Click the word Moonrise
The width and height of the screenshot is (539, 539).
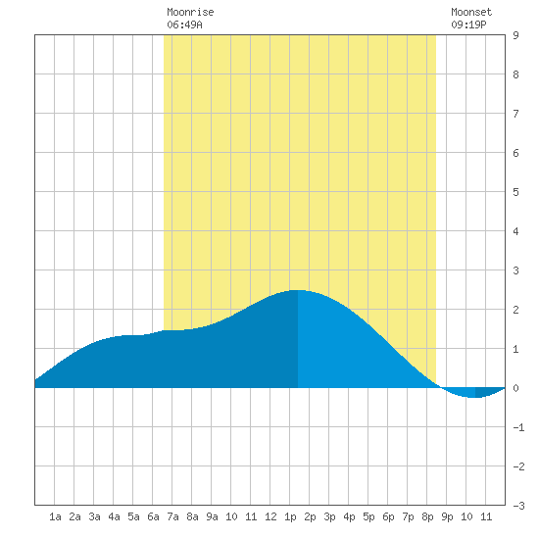[x=190, y=12]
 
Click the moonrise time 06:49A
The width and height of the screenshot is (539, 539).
[x=184, y=24]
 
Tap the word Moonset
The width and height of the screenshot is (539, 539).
[x=471, y=12]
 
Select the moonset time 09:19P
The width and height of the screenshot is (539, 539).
[x=468, y=24]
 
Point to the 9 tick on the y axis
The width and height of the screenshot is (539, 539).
[x=515, y=35]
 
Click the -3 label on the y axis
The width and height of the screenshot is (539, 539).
[x=518, y=506]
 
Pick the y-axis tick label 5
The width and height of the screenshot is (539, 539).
[x=515, y=192]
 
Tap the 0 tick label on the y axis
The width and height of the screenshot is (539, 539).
[x=515, y=388]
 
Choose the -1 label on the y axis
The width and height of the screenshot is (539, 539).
[x=518, y=427]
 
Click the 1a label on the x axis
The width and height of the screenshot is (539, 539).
[x=55, y=516]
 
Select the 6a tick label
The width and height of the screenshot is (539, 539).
[x=153, y=516]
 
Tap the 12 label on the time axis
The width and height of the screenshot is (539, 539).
[x=270, y=516]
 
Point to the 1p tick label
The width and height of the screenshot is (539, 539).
[x=290, y=516]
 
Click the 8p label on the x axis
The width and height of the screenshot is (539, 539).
[x=427, y=516]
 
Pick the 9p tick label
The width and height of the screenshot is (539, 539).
[x=447, y=516]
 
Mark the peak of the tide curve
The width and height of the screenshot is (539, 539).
[x=298, y=290]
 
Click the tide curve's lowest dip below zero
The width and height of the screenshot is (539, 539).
[x=475, y=397]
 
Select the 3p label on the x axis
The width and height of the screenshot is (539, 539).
[x=329, y=516]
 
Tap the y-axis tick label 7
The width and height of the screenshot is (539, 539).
[x=515, y=114]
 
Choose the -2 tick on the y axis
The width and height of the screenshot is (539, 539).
[x=518, y=466]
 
